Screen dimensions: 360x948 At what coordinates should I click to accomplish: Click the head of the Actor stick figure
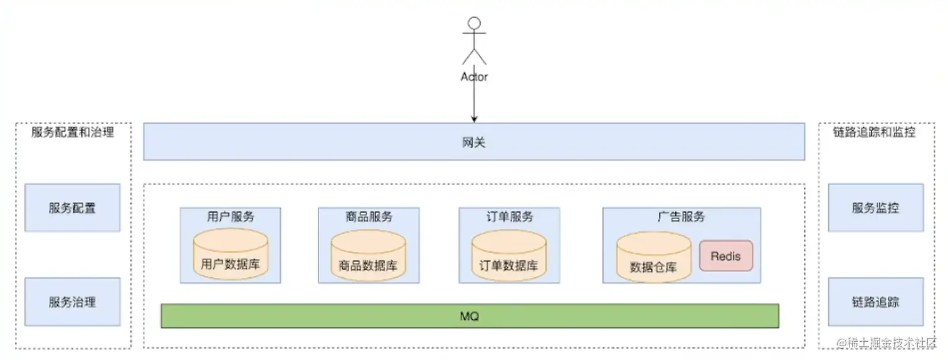click(x=474, y=24)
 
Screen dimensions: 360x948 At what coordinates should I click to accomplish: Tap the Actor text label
click(x=474, y=77)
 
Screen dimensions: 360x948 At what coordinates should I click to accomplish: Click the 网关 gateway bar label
click(x=474, y=142)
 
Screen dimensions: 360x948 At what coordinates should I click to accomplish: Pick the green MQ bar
click(x=470, y=316)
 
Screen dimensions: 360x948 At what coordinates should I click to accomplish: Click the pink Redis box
click(x=726, y=256)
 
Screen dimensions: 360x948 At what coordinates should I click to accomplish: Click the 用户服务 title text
click(x=230, y=217)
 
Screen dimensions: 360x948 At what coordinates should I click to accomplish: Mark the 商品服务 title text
click(x=368, y=217)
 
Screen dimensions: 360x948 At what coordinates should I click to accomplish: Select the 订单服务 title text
click(x=508, y=217)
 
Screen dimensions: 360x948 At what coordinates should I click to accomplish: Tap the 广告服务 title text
click(x=681, y=217)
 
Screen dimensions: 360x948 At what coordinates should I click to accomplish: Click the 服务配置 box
click(x=72, y=208)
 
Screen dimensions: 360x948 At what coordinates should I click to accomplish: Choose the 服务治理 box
click(x=72, y=302)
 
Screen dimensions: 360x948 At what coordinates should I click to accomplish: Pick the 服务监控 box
click(x=875, y=208)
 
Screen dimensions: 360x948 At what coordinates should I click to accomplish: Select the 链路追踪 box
click(x=875, y=302)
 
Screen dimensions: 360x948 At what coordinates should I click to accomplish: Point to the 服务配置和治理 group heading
click(x=73, y=132)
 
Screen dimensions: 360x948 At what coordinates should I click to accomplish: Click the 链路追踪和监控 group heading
click(x=874, y=132)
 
